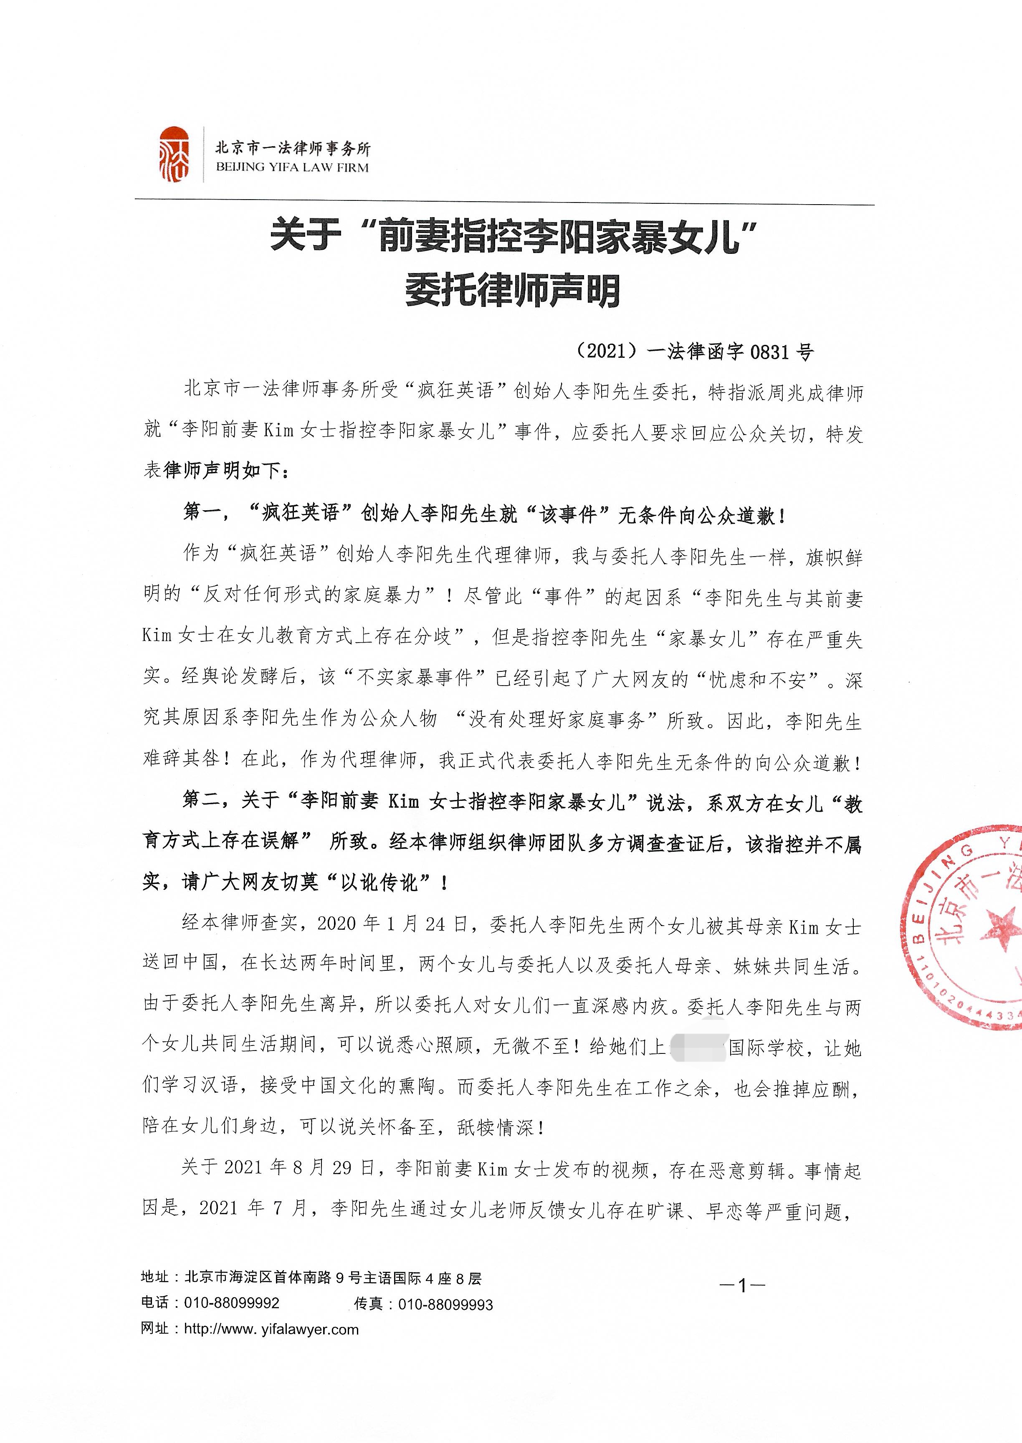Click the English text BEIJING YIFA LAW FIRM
pos(292,167)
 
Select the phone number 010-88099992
pos(232,1303)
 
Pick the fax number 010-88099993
pos(445,1304)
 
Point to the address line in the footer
pos(311,1278)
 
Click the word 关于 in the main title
pos(305,238)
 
